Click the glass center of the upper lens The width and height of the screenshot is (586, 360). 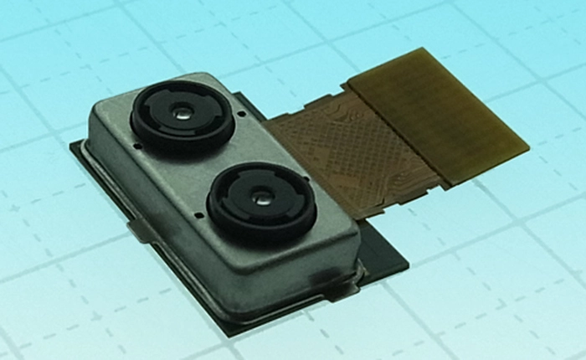(182, 110)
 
